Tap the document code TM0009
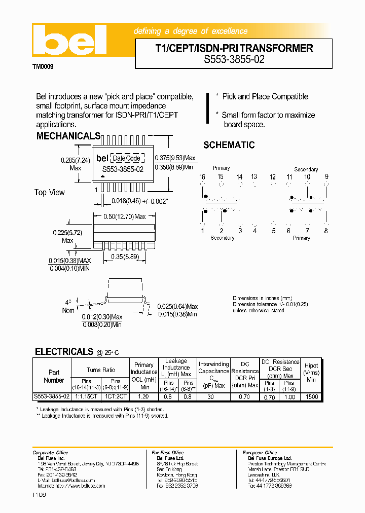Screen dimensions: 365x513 pos(43,66)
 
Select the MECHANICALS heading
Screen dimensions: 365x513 pos(68,136)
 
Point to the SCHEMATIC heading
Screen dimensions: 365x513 pos(229,145)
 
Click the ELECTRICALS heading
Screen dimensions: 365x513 pos(64,351)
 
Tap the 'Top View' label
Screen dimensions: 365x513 pos(50,192)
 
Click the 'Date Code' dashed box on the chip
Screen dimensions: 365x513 pos(126,158)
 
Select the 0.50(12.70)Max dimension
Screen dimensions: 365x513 pos(125,216)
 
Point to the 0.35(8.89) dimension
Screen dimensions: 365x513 pos(125,257)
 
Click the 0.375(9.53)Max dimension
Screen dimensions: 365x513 pos(175,158)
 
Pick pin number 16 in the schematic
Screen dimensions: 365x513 pos(202,176)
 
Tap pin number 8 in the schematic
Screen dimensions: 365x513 pos(326,231)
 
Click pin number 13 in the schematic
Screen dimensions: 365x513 pos(254,176)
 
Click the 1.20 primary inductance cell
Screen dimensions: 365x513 pos(143,397)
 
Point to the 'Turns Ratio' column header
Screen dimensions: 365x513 pos(100,370)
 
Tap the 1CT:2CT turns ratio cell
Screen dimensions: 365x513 pos(116,397)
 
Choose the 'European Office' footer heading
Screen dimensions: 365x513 pos(259,453)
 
